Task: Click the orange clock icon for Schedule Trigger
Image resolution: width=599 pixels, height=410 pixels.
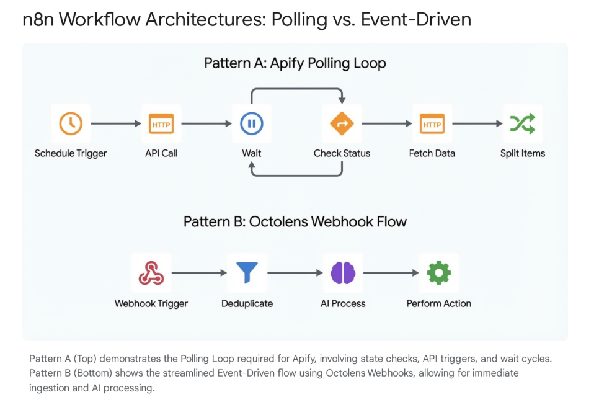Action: click(x=71, y=123)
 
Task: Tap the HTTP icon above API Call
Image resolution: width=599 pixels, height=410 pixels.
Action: click(x=161, y=123)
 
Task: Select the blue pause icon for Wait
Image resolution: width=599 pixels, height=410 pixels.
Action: click(x=251, y=123)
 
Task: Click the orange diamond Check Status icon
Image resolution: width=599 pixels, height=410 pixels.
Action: click(x=342, y=123)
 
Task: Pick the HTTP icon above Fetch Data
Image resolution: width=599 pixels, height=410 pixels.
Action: click(x=432, y=124)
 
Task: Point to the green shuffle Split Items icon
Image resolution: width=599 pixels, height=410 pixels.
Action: click(x=522, y=123)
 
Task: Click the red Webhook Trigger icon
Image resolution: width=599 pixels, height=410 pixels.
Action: click(x=151, y=273)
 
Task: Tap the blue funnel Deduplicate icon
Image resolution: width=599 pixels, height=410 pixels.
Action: click(x=247, y=272)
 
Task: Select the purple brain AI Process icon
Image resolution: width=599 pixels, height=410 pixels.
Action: click(x=343, y=273)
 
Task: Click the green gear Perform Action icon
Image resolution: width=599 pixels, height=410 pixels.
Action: click(x=439, y=273)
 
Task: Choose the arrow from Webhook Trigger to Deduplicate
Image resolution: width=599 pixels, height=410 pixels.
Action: click(x=199, y=272)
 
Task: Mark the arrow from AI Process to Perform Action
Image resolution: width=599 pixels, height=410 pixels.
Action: click(x=391, y=272)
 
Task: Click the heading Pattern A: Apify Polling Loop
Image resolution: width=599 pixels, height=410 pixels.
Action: click(x=295, y=63)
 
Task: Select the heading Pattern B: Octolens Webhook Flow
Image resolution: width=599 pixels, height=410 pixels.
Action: click(x=295, y=221)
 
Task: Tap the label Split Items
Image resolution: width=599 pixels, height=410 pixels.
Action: click(x=522, y=153)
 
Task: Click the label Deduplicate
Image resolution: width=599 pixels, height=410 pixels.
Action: click(x=247, y=303)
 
